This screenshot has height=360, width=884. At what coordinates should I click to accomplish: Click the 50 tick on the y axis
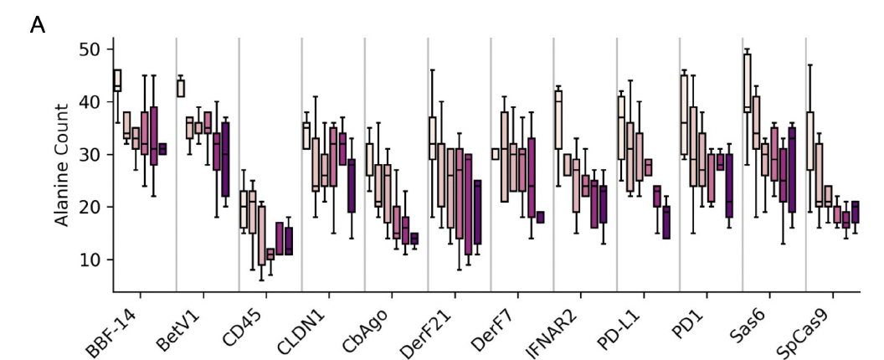pyautogui.click(x=90, y=49)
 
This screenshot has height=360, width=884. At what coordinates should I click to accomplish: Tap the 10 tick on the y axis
pyautogui.click(x=90, y=260)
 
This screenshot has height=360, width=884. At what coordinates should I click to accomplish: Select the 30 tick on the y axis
pyautogui.click(x=90, y=155)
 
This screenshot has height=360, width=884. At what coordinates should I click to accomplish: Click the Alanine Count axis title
pyautogui.click(x=62, y=165)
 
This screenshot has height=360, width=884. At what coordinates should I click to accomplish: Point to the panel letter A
pyautogui.click(x=37, y=26)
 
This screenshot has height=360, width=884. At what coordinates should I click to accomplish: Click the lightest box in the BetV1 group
pyautogui.click(x=181, y=88)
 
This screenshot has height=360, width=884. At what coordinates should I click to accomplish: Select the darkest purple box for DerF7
pyautogui.click(x=540, y=217)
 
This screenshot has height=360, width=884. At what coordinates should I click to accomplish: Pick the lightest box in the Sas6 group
pyautogui.click(x=746, y=83)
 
